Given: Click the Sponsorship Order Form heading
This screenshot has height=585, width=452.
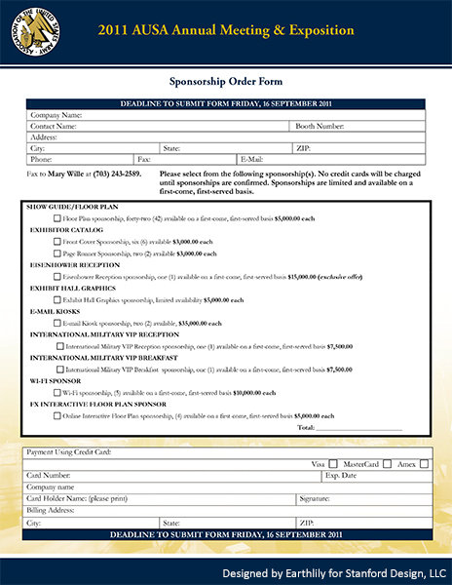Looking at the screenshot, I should (x=225, y=84).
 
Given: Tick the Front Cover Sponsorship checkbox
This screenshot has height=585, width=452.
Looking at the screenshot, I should (x=57, y=241).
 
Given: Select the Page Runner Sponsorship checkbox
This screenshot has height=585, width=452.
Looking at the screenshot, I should (x=57, y=252).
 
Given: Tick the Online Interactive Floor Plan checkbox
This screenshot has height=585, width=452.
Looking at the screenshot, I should (x=57, y=414).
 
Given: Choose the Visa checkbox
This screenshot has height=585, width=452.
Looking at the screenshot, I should (x=333, y=464).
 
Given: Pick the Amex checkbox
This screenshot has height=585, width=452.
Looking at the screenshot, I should (x=424, y=464).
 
